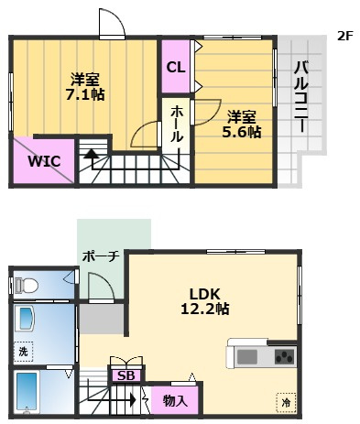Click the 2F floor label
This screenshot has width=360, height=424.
[x=345, y=37]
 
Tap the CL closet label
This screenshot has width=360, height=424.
[x=176, y=67]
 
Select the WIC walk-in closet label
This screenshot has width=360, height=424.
[x=44, y=161]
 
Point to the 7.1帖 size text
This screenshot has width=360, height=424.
[x=85, y=95]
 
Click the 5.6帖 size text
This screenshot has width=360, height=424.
[x=242, y=132]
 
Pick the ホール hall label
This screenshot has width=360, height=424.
[x=177, y=125]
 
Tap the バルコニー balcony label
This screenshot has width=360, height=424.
[x=301, y=97]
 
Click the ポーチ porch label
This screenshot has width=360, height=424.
[x=101, y=256]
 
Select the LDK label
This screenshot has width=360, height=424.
[x=205, y=294]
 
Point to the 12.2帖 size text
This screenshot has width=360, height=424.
[x=205, y=309]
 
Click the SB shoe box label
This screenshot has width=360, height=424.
[x=126, y=375]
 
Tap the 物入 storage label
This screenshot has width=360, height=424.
[x=175, y=400]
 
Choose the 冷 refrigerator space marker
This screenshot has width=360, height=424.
[x=286, y=403]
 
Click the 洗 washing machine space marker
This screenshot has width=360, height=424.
[x=23, y=352]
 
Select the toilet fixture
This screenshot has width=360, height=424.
[x=27, y=286]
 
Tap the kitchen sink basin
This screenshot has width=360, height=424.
[x=247, y=356]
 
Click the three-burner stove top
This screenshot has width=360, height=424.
[x=285, y=356]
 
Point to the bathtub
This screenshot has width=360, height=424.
[x=27, y=392]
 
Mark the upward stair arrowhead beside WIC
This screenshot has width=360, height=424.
[x=92, y=153]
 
